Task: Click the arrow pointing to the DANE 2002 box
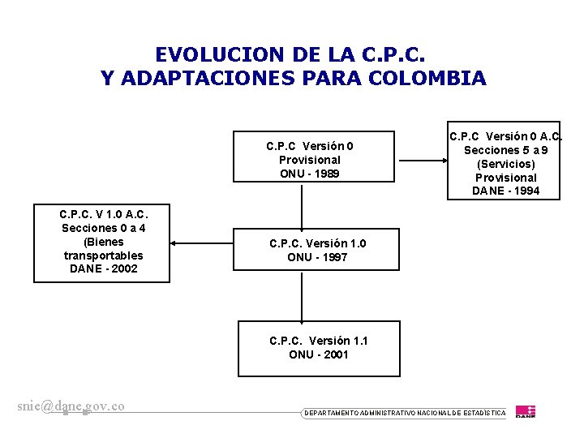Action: [x=203, y=243]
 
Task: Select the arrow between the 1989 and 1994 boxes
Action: [x=422, y=161]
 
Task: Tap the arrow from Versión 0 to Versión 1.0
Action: [x=302, y=208]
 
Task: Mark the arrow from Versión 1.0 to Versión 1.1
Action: [x=302, y=296]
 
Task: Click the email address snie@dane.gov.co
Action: [x=71, y=406]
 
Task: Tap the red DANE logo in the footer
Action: [x=526, y=411]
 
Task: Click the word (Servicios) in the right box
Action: [x=506, y=164]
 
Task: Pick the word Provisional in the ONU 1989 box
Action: [x=310, y=160]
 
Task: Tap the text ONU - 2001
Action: [x=319, y=354]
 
